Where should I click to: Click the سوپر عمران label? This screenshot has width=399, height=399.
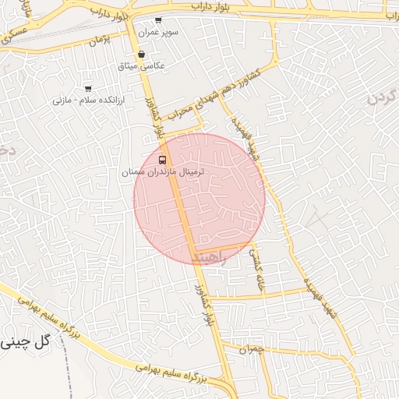[159, 34]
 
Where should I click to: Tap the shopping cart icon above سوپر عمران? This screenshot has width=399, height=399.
[159, 20]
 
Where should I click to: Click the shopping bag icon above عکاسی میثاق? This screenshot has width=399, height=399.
[141, 55]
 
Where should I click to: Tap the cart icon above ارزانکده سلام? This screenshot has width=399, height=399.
[87, 89]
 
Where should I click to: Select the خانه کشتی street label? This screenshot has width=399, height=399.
[256, 269]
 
